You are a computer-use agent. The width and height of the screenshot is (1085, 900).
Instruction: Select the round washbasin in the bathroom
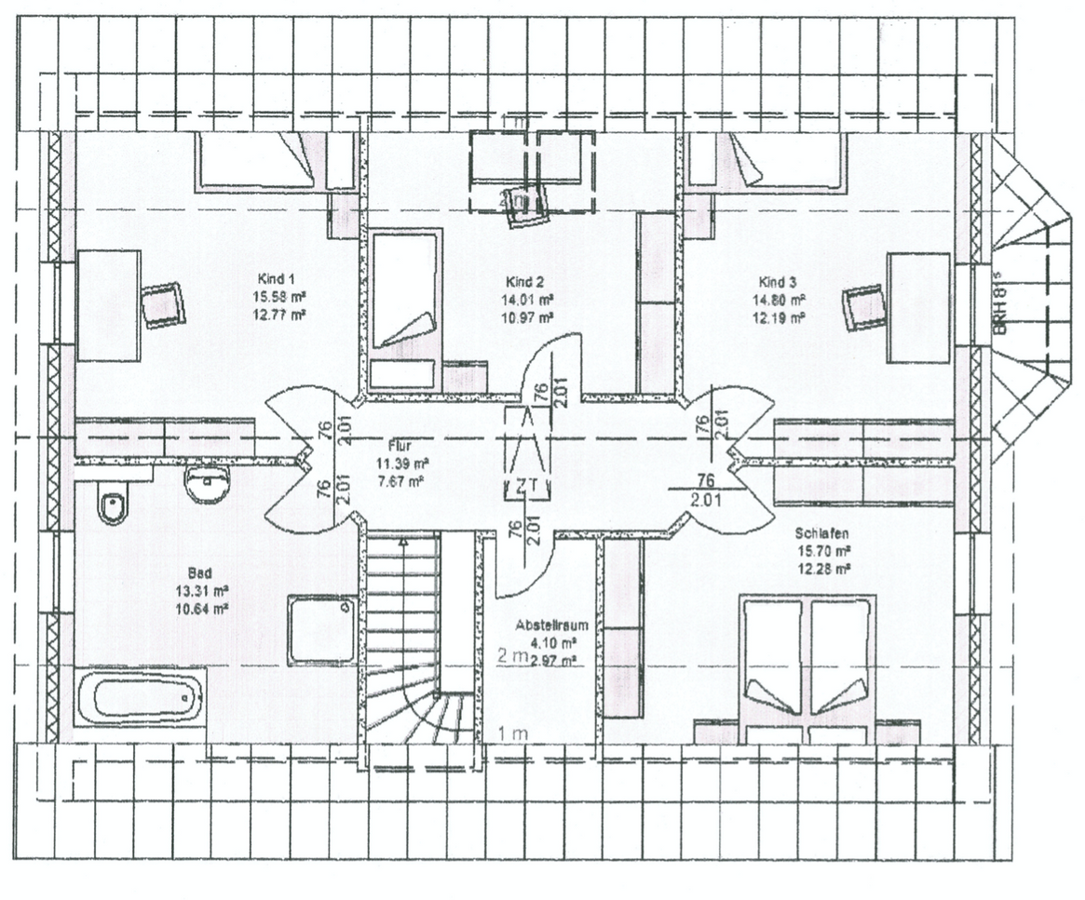[207, 484]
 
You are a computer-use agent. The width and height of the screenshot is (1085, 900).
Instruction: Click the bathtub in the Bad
[140, 698]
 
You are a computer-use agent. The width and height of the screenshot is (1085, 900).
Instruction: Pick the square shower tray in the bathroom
[322, 630]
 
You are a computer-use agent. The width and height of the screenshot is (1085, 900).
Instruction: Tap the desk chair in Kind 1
[163, 304]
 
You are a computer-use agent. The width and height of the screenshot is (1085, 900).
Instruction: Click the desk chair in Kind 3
[863, 307]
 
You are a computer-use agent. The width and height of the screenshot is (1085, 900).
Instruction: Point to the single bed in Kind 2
[404, 307]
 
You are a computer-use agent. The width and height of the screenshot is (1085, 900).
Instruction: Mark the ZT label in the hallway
[527, 485]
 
